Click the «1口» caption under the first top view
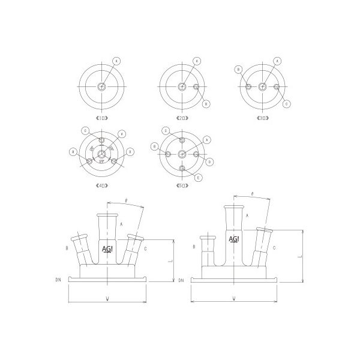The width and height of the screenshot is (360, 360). [101, 119]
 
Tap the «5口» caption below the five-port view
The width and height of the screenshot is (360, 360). [182, 186]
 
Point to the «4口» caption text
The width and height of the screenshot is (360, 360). [101, 186]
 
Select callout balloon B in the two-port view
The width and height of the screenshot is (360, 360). [205, 104]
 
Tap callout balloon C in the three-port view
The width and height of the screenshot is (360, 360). [286, 104]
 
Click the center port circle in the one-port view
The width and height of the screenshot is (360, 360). [101, 87]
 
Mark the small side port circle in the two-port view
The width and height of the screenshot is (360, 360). [196, 88]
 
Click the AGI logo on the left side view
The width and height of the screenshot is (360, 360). [109, 248]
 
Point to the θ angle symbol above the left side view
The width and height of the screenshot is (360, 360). [125, 200]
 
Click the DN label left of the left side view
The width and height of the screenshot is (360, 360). [58, 280]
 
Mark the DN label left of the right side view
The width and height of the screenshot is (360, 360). [181, 280]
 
